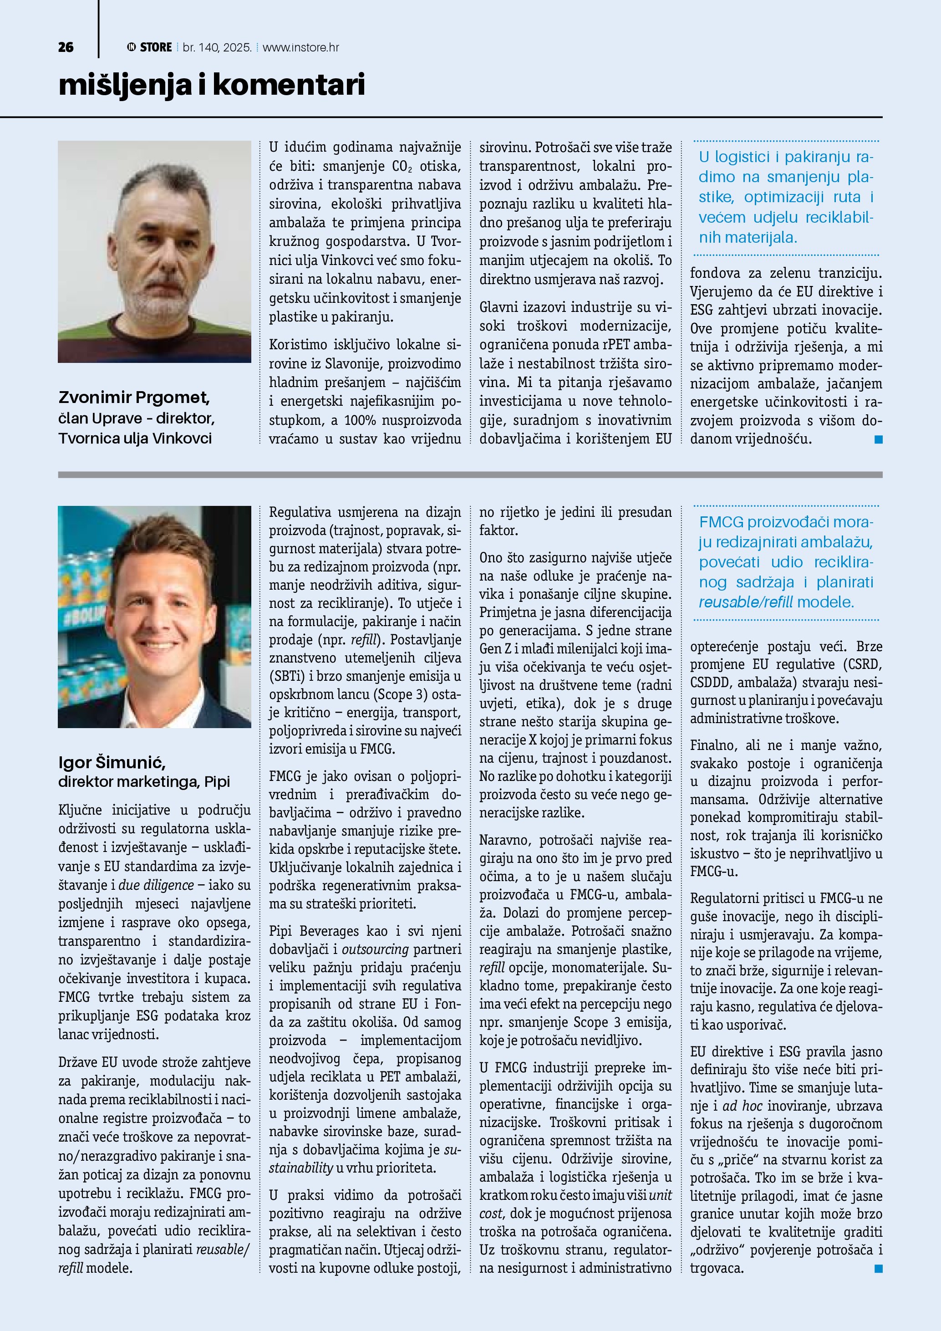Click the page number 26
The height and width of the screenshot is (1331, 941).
pyautogui.click(x=66, y=47)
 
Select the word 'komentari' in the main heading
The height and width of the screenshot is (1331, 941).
pyautogui.click(x=289, y=85)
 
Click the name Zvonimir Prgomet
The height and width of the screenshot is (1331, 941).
pyautogui.click(x=134, y=398)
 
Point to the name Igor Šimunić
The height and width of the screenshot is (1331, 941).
pyautogui.click(x=112, y=762)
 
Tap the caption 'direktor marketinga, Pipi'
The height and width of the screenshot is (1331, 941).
pyautogui.click(x=144, y=781)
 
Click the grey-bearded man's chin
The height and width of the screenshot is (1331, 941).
pyautogui.click(x=159, y=303)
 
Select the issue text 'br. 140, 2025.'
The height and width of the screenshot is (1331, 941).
pyautogui.click(x=217, y=47)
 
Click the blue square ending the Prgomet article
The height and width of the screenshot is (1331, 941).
pyautogui.click(x=878, y=440)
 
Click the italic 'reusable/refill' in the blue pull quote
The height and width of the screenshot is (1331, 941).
pyautogui.click(x=746, y=602)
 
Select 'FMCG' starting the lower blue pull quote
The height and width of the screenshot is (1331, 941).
pyautogui.click(x=721, y=522)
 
